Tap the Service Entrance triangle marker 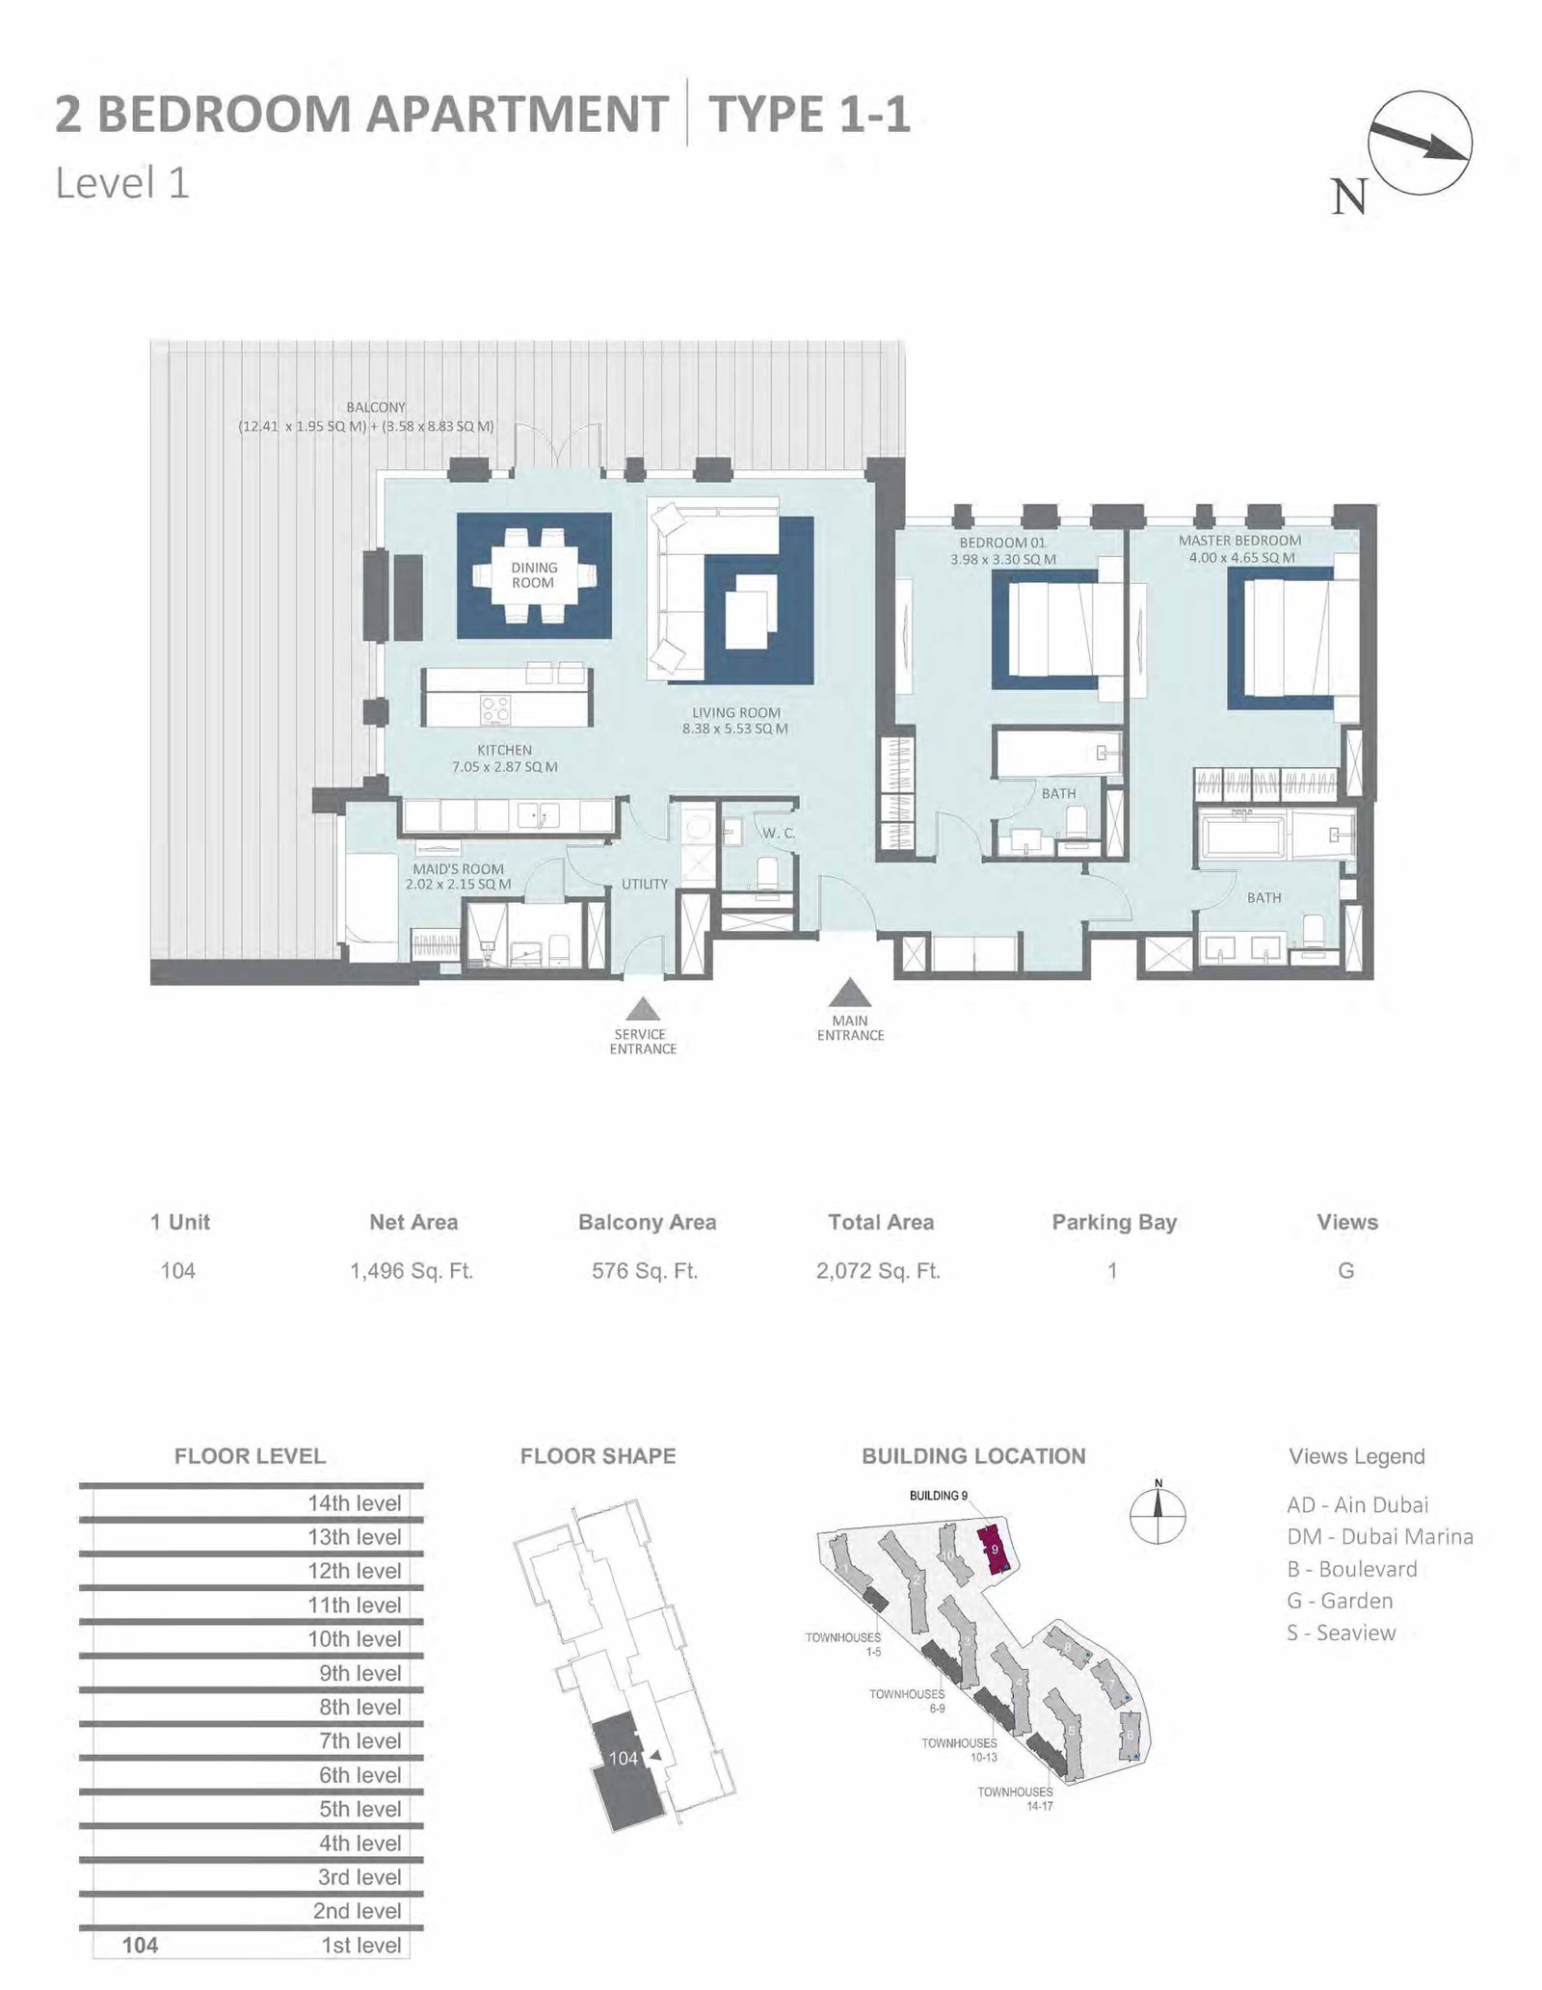point(642,1009)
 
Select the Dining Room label point(533,575)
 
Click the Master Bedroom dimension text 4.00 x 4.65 point(1241,557)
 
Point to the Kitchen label point(504,750)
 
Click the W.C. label point(779,833)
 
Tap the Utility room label point(645,884)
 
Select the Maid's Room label point(458,868)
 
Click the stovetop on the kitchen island point(496,710)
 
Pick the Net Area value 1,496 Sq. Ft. point(412,1271)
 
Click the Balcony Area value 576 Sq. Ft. point(645,1271)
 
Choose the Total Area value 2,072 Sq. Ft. point(878,1271)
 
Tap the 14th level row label point(355,1503)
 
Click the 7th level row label point(360,1740)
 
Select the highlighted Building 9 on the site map point(994,1549)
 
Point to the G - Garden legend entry point(1340,1601)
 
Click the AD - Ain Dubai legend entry point(1358,1504)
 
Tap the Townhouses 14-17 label point(1015,1798)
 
